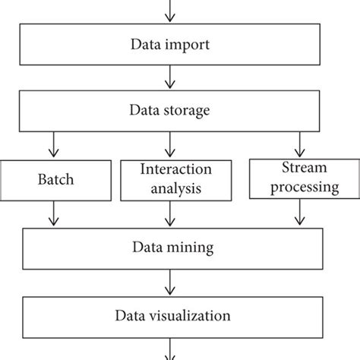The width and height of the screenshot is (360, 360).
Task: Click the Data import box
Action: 170,45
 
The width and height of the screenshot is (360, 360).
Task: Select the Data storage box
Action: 170,111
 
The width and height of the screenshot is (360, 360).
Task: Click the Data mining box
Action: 170,248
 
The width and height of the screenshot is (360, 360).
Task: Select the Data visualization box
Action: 170,313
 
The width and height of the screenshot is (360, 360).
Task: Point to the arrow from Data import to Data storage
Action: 170,78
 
